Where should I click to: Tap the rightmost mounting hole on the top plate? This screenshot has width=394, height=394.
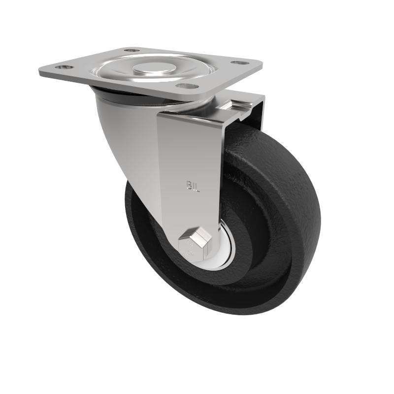coord(240,63)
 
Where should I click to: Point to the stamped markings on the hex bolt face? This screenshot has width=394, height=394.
coord(190,249)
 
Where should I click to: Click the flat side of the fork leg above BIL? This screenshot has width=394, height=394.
coord(190,148)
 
